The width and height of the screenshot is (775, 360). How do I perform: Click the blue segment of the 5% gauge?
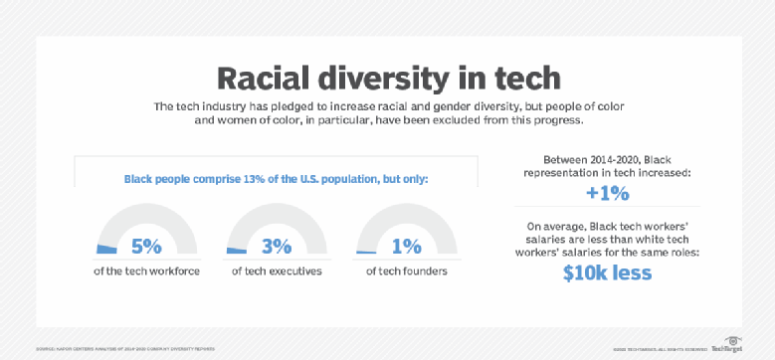pos(105,249)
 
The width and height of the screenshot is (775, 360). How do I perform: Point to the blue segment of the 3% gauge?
pos(235,250)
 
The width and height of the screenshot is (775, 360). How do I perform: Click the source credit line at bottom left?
pos(125,348)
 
